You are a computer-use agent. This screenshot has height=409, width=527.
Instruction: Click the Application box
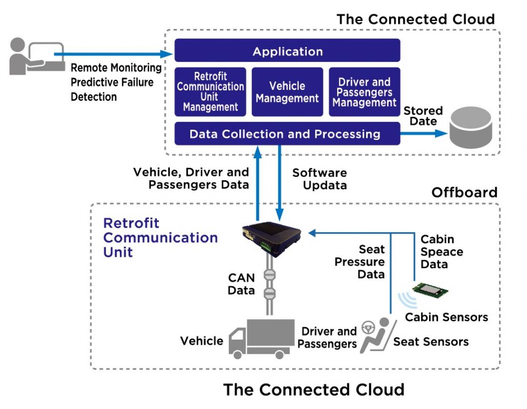287,51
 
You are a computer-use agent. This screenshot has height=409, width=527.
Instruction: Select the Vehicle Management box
287,92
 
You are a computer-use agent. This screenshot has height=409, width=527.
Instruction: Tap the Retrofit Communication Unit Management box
210,92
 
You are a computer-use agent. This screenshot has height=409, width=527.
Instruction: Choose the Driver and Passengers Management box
364,92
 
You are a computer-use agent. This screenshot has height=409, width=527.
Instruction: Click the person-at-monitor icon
36,57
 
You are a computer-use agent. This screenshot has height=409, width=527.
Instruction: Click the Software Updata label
319,179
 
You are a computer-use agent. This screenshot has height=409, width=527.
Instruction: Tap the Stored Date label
423,116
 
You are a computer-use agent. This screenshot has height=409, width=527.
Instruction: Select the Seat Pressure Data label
360,262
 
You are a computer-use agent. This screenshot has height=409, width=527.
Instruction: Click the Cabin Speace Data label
441,252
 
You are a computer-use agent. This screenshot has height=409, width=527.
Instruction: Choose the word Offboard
464,193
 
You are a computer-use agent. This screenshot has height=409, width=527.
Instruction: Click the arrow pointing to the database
423,134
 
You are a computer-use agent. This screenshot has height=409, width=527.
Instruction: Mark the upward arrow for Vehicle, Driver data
257,181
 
